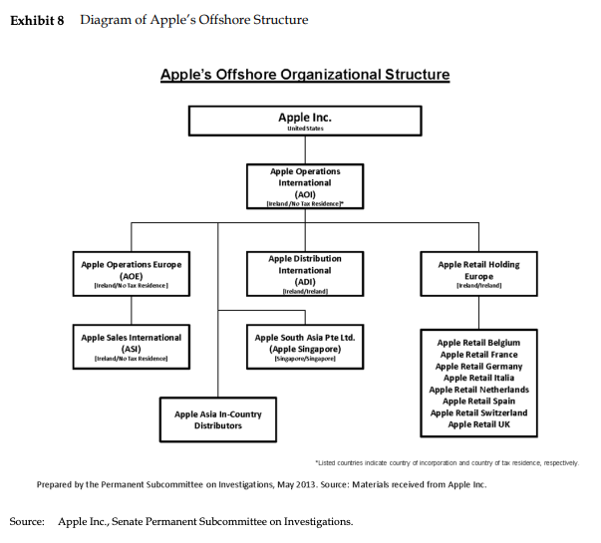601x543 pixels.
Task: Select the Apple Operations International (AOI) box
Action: pos(304,185)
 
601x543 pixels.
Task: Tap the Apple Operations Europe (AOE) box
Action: pos(131,273)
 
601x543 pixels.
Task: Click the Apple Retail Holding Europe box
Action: pos(478,273)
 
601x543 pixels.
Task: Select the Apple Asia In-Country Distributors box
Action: pos(218,419)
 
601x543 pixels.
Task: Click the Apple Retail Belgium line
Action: pos(478,343)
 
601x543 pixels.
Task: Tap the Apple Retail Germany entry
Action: pos(478,366)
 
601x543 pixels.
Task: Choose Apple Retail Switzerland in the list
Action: pos(478,412)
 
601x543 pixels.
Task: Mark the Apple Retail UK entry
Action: pos(478,424)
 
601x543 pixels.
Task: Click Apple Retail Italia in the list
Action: pos(478,378)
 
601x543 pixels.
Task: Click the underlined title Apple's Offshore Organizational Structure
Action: pos(304,75)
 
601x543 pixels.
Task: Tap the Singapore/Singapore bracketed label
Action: pos(304,358)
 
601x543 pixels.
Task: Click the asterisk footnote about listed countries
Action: pos(446,463)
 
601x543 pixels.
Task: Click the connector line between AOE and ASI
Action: pos(131,311)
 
